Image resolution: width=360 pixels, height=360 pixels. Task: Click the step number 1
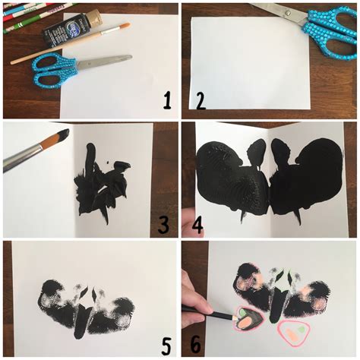(x=166, y=99)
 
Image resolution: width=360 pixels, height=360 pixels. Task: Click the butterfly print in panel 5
(x=87, y=308)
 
